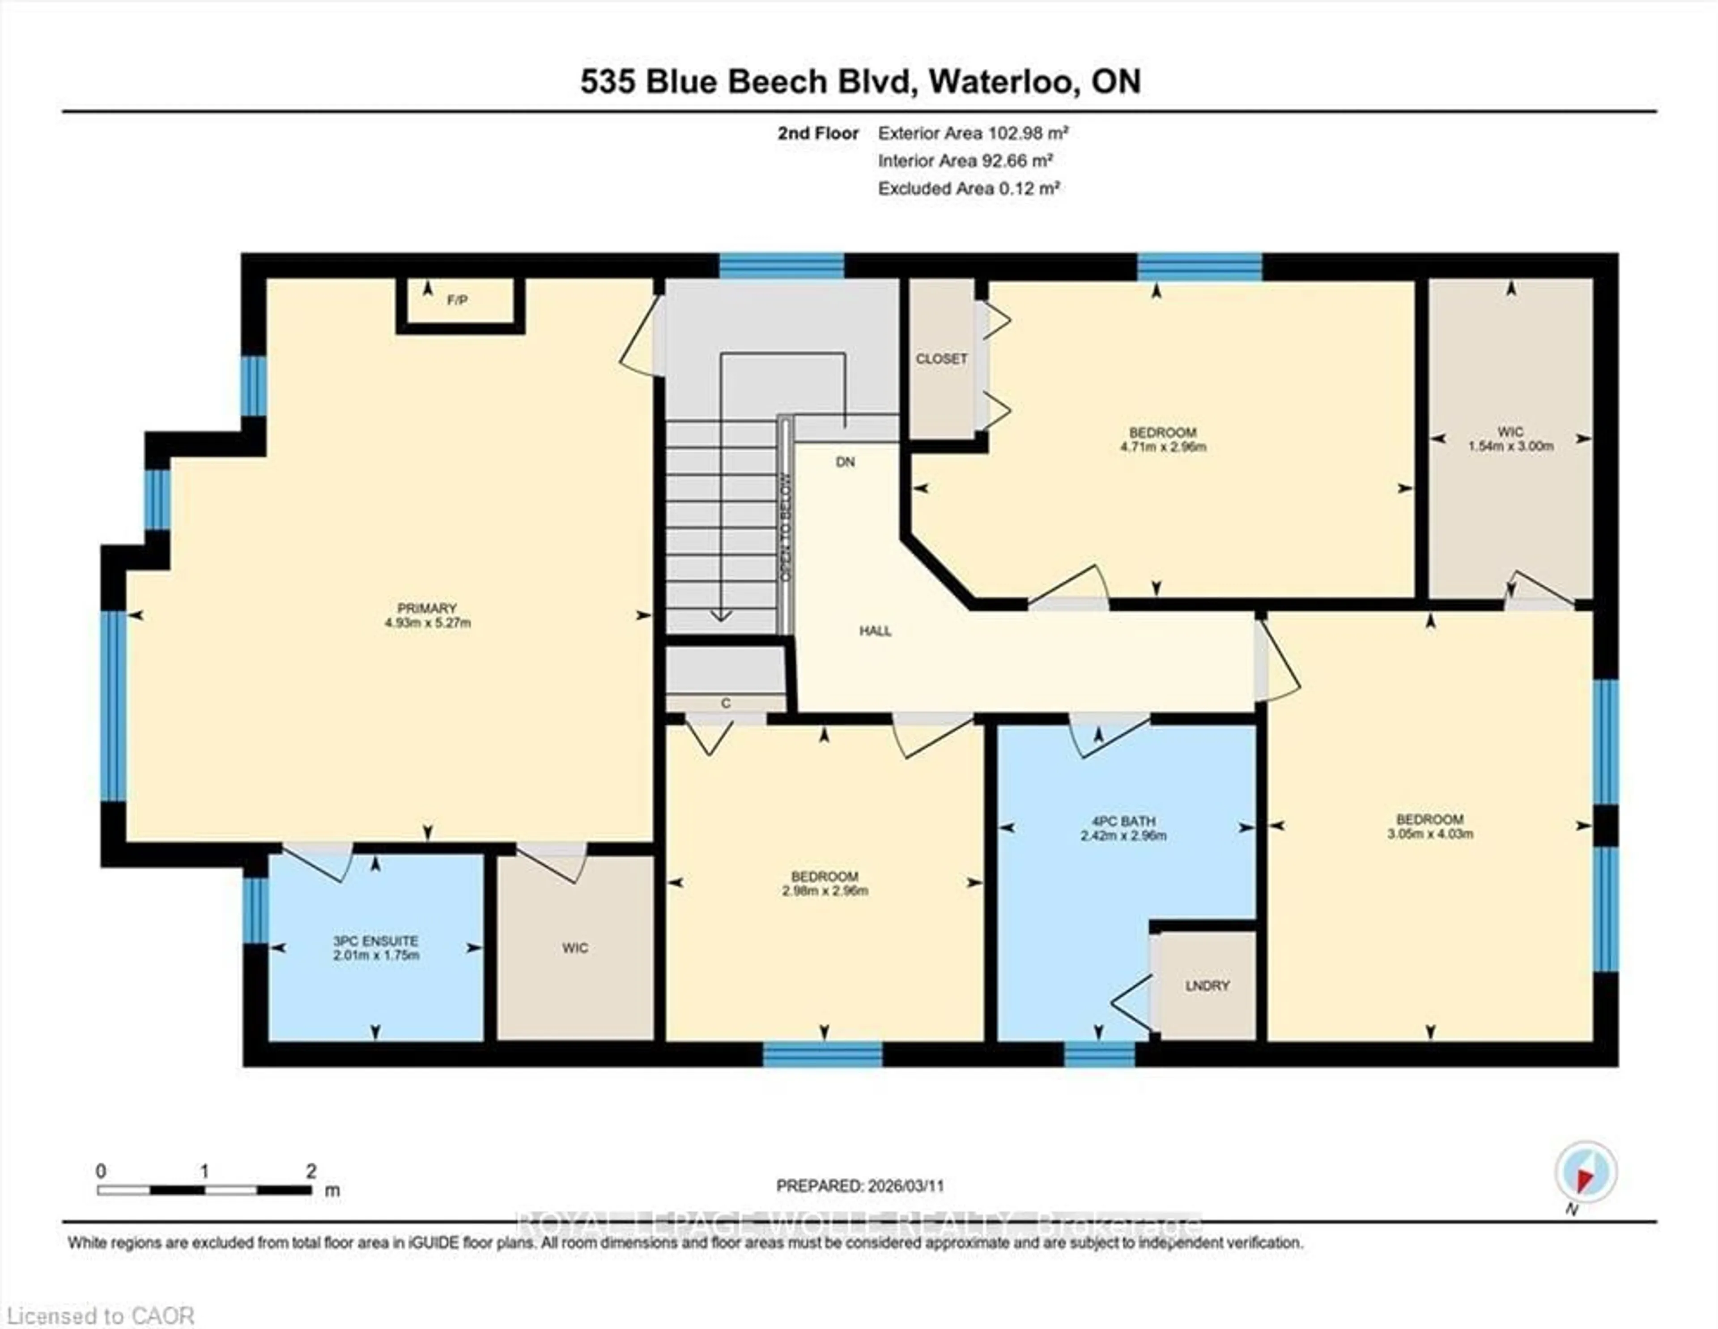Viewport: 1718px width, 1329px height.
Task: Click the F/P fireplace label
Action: pos(457,300)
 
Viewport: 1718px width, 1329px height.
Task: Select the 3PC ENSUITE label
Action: pos(375,941)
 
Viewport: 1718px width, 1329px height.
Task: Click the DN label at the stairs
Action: pos(845,462)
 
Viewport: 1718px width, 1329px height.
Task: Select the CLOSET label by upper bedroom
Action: pos(941,359)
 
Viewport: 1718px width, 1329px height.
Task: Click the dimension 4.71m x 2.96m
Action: pos(1163,447)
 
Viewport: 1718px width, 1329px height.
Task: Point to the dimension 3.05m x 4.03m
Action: pos(1429,834)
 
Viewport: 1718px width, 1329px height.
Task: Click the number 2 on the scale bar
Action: pos(311,1171)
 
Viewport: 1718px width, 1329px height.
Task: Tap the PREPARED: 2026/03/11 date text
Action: pos(860,1186)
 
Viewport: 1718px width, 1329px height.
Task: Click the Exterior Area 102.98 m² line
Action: pos(972,133)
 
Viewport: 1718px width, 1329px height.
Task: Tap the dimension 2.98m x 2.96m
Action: pos(825,891)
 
